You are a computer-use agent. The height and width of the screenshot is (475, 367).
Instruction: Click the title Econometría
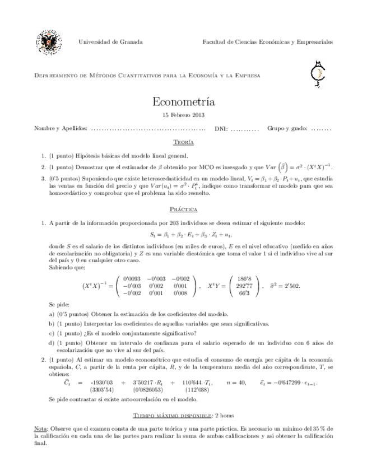coord(183,103)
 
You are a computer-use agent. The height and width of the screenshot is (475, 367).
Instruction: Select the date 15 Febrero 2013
coord(183,115)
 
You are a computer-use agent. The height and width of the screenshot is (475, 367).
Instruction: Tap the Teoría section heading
coord(183,143)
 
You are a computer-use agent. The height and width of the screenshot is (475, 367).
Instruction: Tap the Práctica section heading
coord(183,209)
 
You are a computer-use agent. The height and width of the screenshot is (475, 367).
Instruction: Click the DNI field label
coord(221,129)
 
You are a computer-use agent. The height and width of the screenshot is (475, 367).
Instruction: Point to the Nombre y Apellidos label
coord(61,129)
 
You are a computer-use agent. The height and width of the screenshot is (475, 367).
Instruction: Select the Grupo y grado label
coord(287,129)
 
